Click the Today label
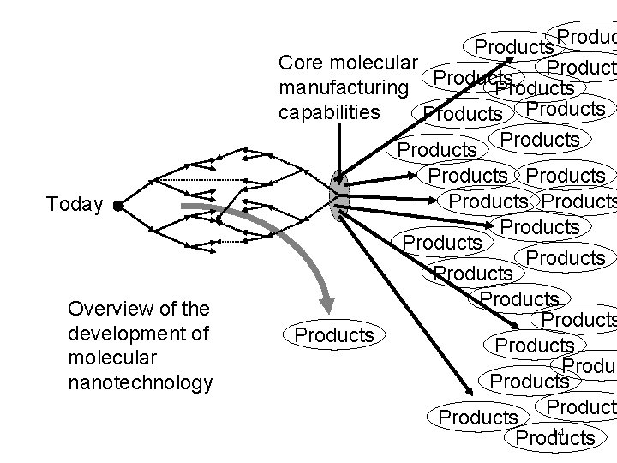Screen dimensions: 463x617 point(75,205)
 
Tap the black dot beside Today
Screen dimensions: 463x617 point(117,206)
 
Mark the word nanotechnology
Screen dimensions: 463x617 point(140,381)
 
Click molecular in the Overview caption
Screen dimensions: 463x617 point(101,357)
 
